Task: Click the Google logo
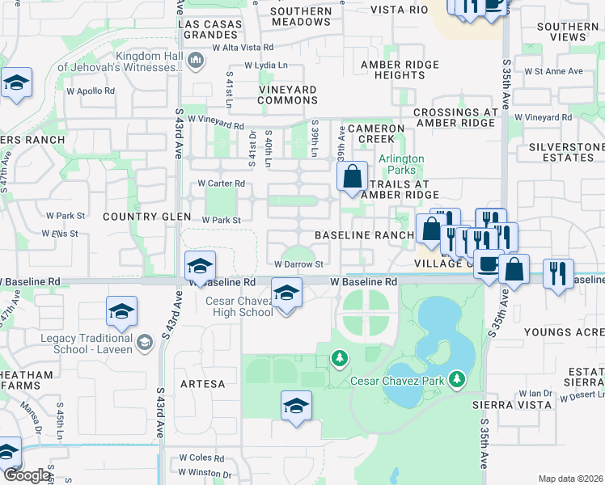[x=27, y=475]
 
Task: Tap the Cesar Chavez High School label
[x=239, y=307]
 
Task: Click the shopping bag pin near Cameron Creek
[x=353, y=177]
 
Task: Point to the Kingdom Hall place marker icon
[x=195, y=60]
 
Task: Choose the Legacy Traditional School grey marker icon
[x=145, y=342]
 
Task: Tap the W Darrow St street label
[x=298, y=264]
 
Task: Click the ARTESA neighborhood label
[x=202, y=384]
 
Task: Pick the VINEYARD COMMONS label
[x=288, y=95]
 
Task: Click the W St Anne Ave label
[x=553, y=71]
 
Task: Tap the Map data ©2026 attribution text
[x=570, y=479]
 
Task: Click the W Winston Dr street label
[x=205, y=474]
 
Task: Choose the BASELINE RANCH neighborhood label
[x=364, y=234]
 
